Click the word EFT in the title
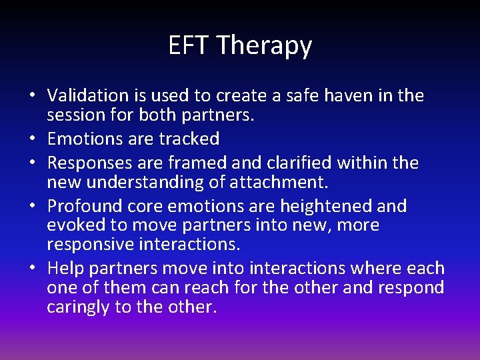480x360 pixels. [x=189, y=45]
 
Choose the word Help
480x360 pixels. [x=64, y=269]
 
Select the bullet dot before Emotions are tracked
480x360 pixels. [x=32, y=139]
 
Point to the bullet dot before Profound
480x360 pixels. [x=32, y=207]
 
